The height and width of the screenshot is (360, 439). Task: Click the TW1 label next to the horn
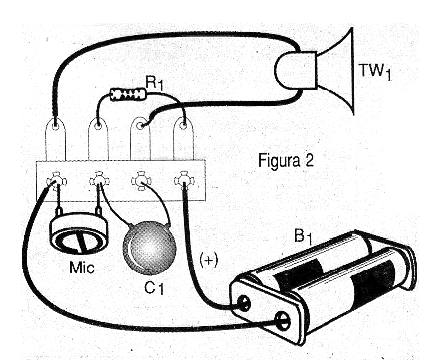click(x=375, y=72)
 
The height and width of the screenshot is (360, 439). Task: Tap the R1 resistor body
click(x=128, y=93)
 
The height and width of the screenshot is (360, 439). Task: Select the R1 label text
click(x=154, y=84)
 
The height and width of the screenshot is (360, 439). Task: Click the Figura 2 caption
click(x=286, y=161)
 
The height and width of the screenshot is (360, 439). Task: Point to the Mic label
click(x=82, y=268)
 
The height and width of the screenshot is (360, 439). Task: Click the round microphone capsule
click(x=79, y=234)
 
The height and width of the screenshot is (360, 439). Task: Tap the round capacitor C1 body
click(x=148, y=248)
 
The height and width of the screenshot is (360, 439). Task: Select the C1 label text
click(x=154, y=288)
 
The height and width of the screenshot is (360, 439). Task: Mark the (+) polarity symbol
click(x=209, y=260)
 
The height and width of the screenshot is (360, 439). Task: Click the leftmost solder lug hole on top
click(x=55, y=126)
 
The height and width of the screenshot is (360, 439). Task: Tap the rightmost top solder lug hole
click(x=183, y=125)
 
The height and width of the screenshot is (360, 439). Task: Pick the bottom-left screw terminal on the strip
click(x=56, y=181)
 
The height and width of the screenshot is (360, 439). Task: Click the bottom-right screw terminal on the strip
click(x=184, y=181)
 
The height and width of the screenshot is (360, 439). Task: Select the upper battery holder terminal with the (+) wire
click(x=244, y=303)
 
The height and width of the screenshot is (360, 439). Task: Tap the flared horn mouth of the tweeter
click(x=336, y=72)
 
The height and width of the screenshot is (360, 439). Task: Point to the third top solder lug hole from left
click(x=141, y=126)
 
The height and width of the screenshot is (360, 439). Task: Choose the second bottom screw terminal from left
click(x=98, y=181)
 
